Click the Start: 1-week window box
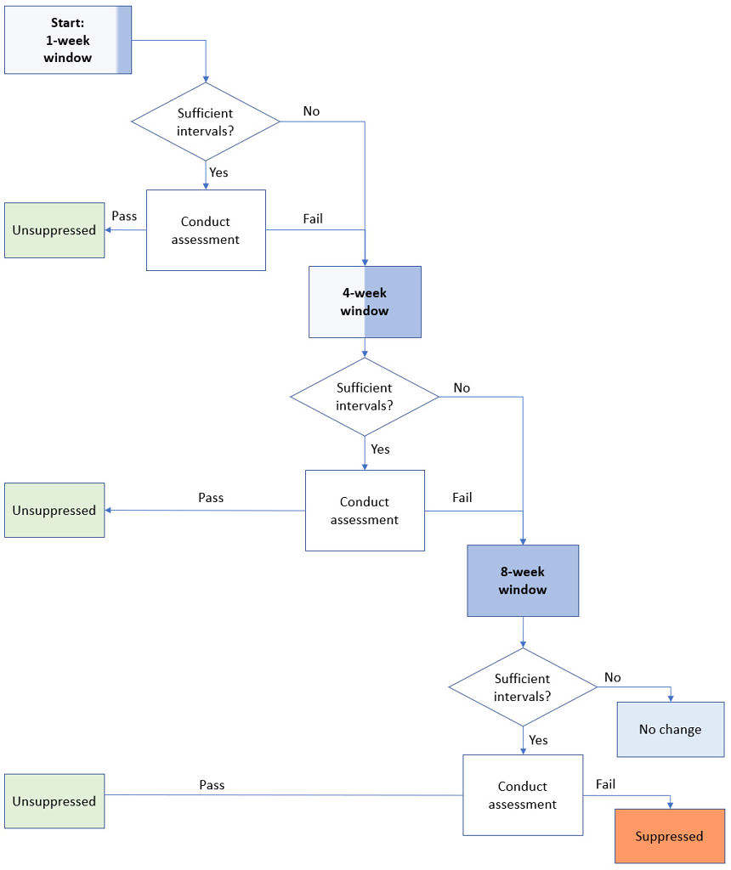click(x=68, y=40)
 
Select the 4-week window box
click(x=365, y=302)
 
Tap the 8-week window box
click(x=523, y=580)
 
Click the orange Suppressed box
click(x=669, y=836)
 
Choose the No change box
click(x=670, y=729)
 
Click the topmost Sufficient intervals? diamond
click(x=205, y=121)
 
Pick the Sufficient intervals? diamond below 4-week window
click(x=365, y=397)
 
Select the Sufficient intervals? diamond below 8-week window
click(x=523, y=687)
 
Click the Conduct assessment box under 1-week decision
click(x=206, y=230)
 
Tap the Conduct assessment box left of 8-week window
click(x=365, y=511)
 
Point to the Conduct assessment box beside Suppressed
click(x=523, y=795)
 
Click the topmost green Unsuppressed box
click(x=54, y=230)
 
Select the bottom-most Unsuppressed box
click(x=54, y=801)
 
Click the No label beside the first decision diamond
click(x=311, y=111)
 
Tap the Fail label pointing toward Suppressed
click(x=605, y=784)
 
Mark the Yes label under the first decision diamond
click(x=218, y=172)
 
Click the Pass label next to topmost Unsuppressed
click(x=124, y=216)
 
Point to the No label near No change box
click(x=612, y=677)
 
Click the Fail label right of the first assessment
click(x=313, y=218)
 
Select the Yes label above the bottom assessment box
click(x=538, y=740)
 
